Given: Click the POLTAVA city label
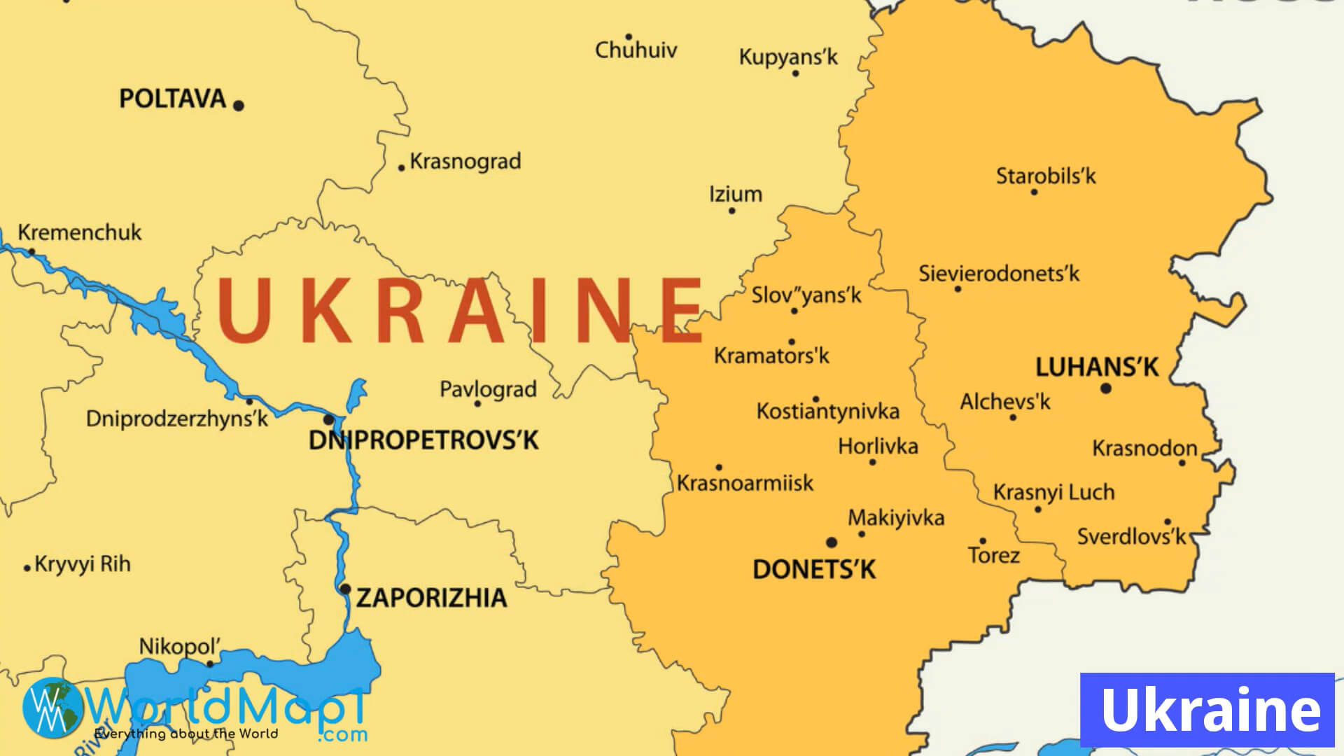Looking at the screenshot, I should (172, 99).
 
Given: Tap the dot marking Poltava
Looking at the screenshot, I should (239, 106).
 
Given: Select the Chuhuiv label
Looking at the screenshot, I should (636, 50).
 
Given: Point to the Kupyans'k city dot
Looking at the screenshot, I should (795, 73).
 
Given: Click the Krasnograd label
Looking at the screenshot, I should (465, 162).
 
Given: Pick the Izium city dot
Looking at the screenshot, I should (732, 211).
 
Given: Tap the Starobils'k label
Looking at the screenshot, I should (1046, 176).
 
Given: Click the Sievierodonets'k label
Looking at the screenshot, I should (999, 274).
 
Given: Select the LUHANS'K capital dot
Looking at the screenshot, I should (1106, 388).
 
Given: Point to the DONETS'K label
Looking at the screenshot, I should (814, 570).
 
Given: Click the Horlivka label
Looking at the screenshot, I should (878, 446).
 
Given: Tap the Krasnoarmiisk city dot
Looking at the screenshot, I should (719, 468).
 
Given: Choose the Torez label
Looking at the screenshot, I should (994, 556).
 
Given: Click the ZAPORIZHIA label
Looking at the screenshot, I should (431, 598).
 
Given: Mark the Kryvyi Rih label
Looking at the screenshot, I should (83, 564).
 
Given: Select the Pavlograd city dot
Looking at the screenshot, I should (478, 404).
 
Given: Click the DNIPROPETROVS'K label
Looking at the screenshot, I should (423, 440).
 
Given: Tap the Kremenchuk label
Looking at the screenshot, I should (80, 232).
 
